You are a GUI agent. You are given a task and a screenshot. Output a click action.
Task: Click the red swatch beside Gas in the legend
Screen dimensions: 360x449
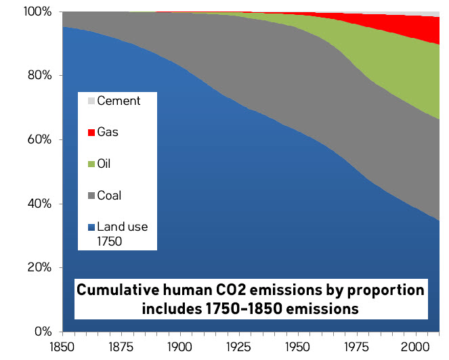click(x=91, y=132)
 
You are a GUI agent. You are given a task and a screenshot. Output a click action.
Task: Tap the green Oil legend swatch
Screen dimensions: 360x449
click(x=91, y=163)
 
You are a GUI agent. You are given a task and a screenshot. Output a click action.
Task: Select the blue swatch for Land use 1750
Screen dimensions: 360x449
click(x=91, y=227)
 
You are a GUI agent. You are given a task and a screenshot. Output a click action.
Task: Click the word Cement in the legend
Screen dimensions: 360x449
click(x=119, y=101)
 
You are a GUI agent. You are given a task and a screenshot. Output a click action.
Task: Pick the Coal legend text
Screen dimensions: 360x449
click(x=109, y=196)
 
